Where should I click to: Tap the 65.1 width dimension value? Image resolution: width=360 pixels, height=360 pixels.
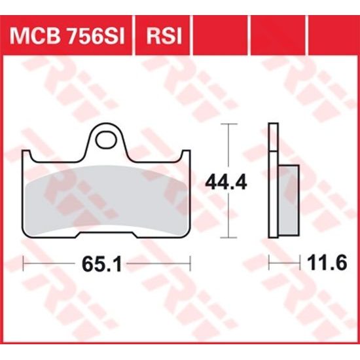pyautogui.click(x=105, y=264)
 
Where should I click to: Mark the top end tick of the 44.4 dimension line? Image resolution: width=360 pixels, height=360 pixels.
pyautogui.click(x=227, y=124)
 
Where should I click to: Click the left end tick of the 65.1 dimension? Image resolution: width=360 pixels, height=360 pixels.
pyautogui.click(x=24, y=264)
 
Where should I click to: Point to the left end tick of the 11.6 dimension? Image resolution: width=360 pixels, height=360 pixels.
pyautogui.click(x=270, y=264)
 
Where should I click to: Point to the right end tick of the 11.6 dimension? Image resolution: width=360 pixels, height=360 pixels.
pyautogui.click(x=300, y=264)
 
